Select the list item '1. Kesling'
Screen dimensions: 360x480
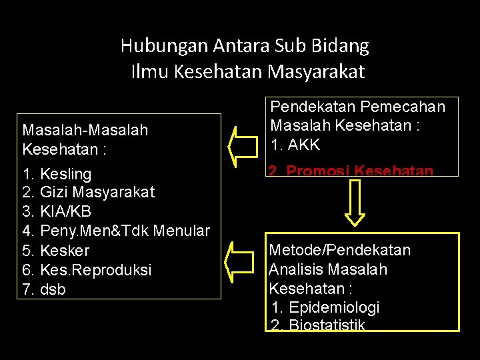pos(57,174)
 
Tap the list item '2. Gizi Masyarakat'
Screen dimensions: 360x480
pos(88,193)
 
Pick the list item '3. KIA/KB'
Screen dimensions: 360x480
pos(57,212)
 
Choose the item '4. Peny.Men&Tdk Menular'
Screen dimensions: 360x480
pos(116,231)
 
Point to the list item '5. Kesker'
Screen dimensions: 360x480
pos(55,251)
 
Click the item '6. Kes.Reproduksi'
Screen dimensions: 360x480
pos(87,270)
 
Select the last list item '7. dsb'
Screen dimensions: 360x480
pos(44,289)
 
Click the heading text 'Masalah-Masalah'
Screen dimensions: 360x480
pos(85,130)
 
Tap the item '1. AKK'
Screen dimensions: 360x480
pos(295,144)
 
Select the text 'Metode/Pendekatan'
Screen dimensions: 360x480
pos(339,251)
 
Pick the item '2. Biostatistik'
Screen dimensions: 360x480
pos(319,325)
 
